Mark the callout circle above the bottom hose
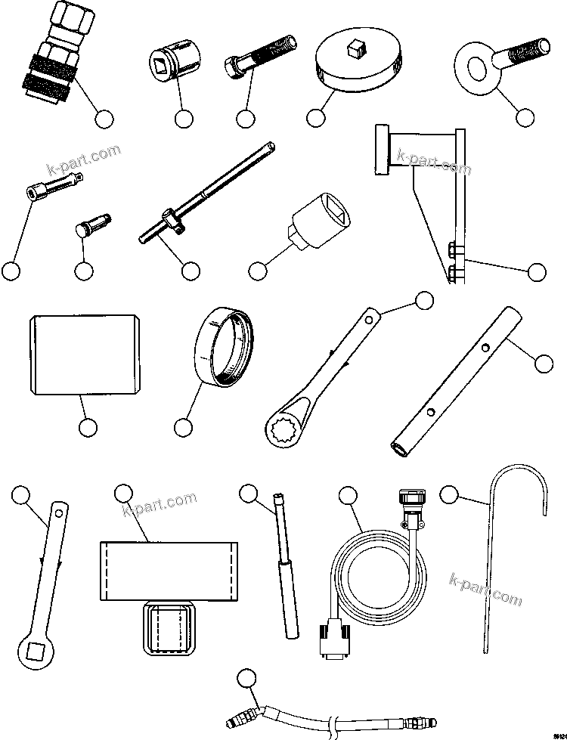246,677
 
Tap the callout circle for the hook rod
449,494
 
